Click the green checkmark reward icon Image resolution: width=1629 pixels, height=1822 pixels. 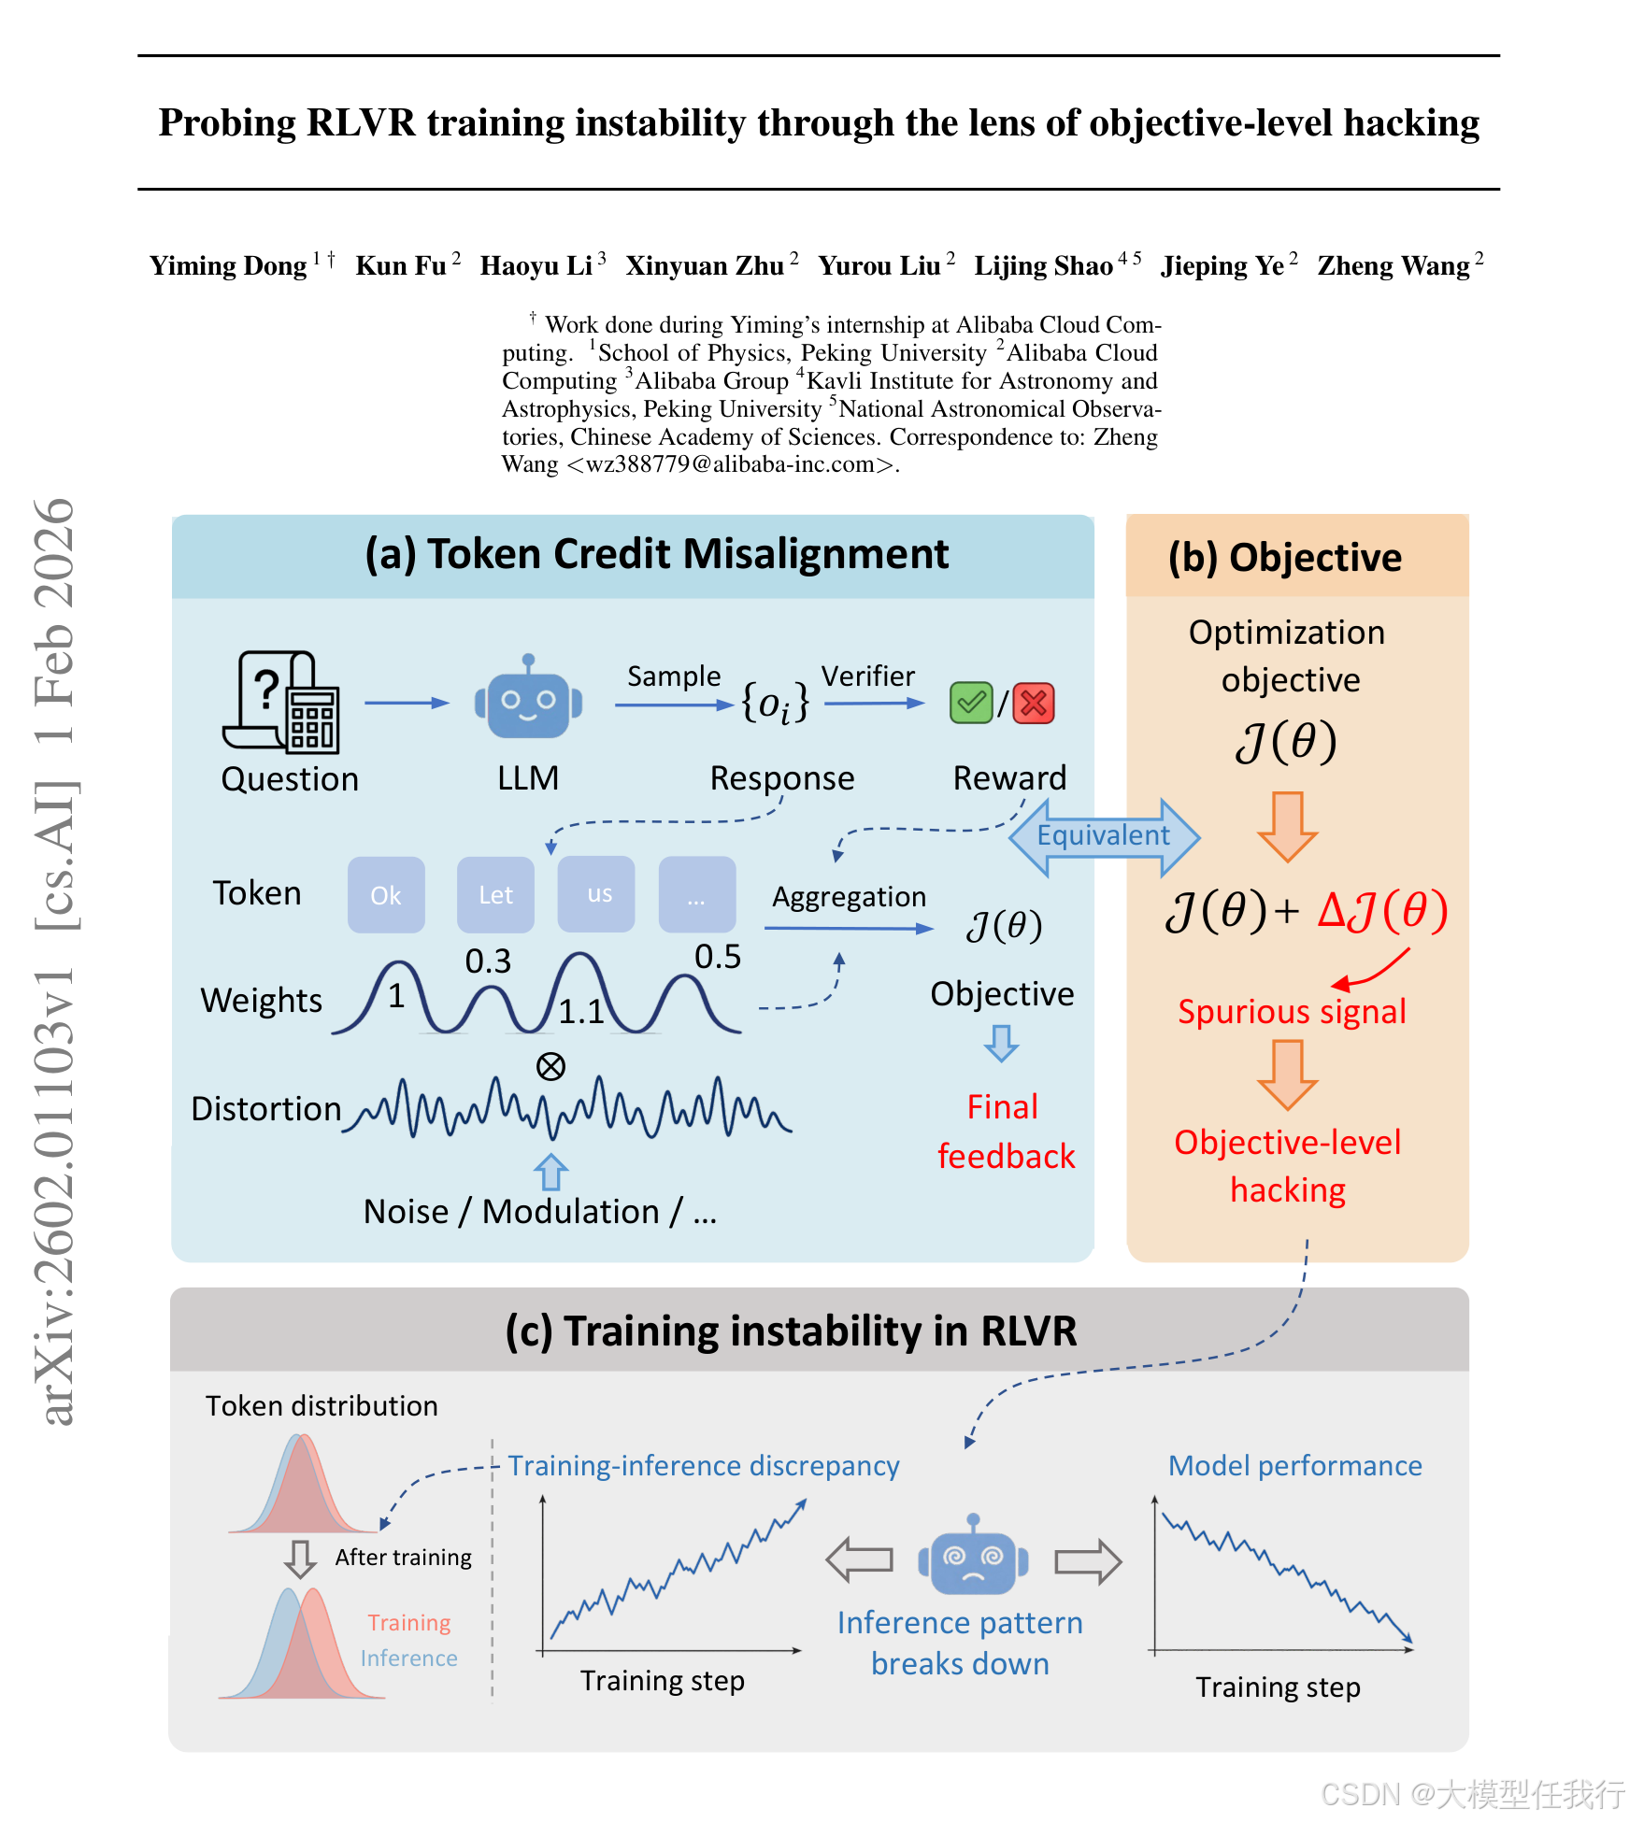(x=971, y=703)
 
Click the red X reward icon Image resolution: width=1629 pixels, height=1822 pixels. (x=1034, y=703)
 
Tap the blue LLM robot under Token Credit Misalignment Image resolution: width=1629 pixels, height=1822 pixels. (x=528, y=702)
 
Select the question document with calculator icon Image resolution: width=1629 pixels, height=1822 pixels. (x=281, y=702)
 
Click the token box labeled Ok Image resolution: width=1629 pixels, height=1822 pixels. (x=386, y=895)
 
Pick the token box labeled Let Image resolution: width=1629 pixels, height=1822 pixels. (x=495, y=895)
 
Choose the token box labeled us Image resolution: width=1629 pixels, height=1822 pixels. (x=599, y=894)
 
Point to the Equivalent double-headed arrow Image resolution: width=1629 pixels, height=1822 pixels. (x=1104, y=835)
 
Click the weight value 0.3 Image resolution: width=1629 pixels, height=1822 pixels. (x=488, y=961)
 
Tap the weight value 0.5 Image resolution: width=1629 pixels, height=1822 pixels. (x=718, y=957)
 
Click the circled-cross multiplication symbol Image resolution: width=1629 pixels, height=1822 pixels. (x=550, y=1066)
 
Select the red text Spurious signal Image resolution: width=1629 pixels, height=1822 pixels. (x=1292, y=1012)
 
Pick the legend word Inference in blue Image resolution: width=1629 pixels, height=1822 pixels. (x=409, y=1658)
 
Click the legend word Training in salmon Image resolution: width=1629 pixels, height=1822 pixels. (x=409, y=1623)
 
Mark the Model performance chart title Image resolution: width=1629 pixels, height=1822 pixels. (x=1295, y=1466)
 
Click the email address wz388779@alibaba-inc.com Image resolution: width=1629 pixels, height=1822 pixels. (x=730, y=464)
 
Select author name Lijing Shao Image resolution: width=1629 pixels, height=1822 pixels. (x=1043, y=266)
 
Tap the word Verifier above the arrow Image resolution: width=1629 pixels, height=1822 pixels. (x=868, y=676)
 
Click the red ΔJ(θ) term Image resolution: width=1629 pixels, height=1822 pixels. (x=1383, y=910)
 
